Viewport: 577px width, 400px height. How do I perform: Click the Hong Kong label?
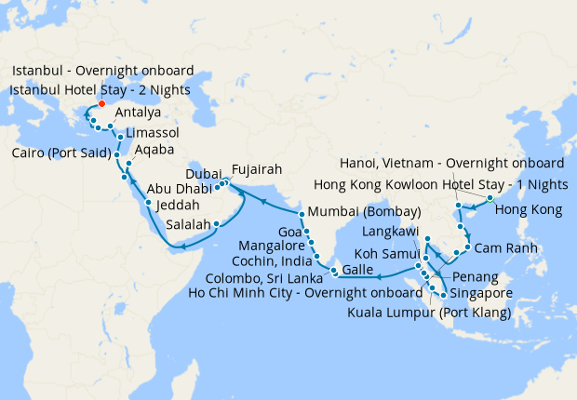click(x=529, y=210)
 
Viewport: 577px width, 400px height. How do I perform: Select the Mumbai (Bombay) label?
click(x=364, y=211)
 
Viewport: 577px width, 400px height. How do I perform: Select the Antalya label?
click(x=138, y=113)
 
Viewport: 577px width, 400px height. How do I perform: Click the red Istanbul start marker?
click(x=101, y=104)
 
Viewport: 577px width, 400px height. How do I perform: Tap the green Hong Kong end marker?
click(x=490, y=198)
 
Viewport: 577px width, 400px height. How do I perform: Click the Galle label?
click(x=360, y=269)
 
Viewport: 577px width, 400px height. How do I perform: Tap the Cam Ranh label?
click(x=503, y=249)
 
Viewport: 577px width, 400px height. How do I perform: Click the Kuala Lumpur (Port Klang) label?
click(x=429, y=313)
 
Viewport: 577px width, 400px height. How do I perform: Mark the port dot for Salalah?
click(x=216, y=223)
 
